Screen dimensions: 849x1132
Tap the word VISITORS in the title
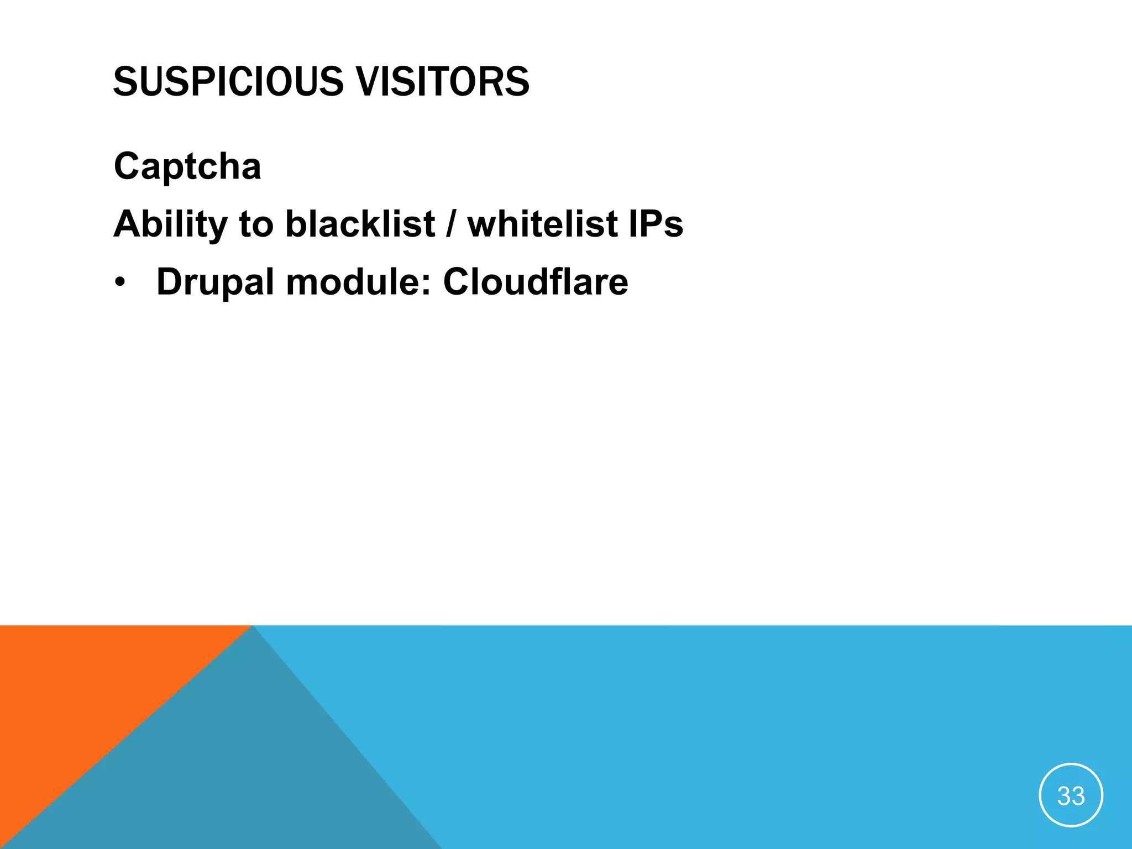tap(442, 82)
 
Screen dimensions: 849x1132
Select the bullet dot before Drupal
tap(120, 283)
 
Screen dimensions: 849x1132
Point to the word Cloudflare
tap(536, 282)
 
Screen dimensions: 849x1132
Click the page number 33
tap(1071, 796)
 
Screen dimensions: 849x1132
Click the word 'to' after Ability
tap(256, 224)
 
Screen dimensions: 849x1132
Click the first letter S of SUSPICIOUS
tap(125, 82)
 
